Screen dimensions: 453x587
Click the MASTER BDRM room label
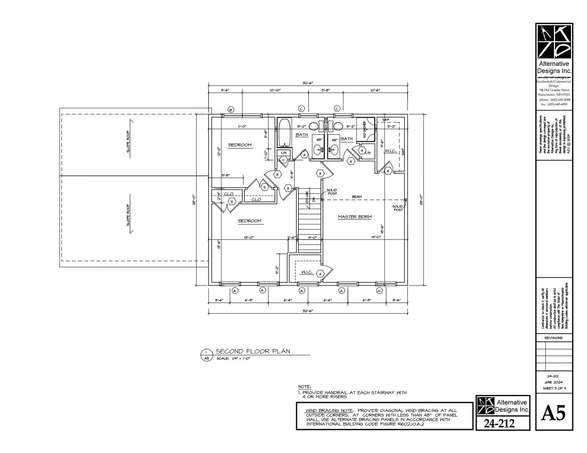(355, 217)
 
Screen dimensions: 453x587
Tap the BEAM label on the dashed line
(356, 197)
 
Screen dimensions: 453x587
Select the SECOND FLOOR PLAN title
(253, 351)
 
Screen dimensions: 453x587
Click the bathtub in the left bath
(284, 133)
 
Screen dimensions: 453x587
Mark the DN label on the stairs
(314, 200)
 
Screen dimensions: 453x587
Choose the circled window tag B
(231, 110)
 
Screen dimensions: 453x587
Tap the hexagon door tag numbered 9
(362, 151)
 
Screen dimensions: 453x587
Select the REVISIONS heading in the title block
(553, 338)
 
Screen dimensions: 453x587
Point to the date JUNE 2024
(553, 382)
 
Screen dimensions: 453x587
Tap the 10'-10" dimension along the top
(275, 90)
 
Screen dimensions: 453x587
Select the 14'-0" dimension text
(376, 237)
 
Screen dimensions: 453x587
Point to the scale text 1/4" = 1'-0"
(233, 358)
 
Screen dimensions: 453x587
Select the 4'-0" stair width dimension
(312, 237)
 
